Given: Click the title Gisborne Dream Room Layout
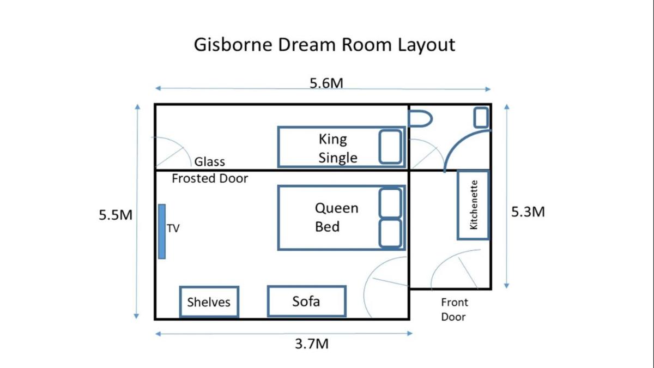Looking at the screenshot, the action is (324, 45).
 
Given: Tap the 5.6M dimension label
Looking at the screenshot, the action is (326, 83).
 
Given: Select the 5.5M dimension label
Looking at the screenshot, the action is (116, 215).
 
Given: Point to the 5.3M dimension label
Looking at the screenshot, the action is (528, 212).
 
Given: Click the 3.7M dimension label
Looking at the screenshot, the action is (312, 344).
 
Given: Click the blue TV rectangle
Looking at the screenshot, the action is (162, 231).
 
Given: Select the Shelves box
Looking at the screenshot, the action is (209, 301).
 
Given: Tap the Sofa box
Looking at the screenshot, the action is (306, 301).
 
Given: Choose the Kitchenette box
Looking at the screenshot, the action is (473, 205).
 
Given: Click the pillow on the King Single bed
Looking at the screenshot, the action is (390, 147).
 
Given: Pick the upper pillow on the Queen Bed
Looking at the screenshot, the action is (390, 203).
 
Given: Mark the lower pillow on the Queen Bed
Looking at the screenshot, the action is (390, 233).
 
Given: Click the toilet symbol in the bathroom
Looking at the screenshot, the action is (420, 119).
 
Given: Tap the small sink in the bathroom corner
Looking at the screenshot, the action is (481, 117).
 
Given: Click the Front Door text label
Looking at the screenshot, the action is (455, 310).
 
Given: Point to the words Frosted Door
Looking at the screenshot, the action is (210, 178).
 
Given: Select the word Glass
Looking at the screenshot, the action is (210, 161).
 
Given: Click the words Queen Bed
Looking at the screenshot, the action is (336, 218).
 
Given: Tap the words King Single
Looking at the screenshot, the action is (338, 148).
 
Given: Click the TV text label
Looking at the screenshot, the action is (173, 228).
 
